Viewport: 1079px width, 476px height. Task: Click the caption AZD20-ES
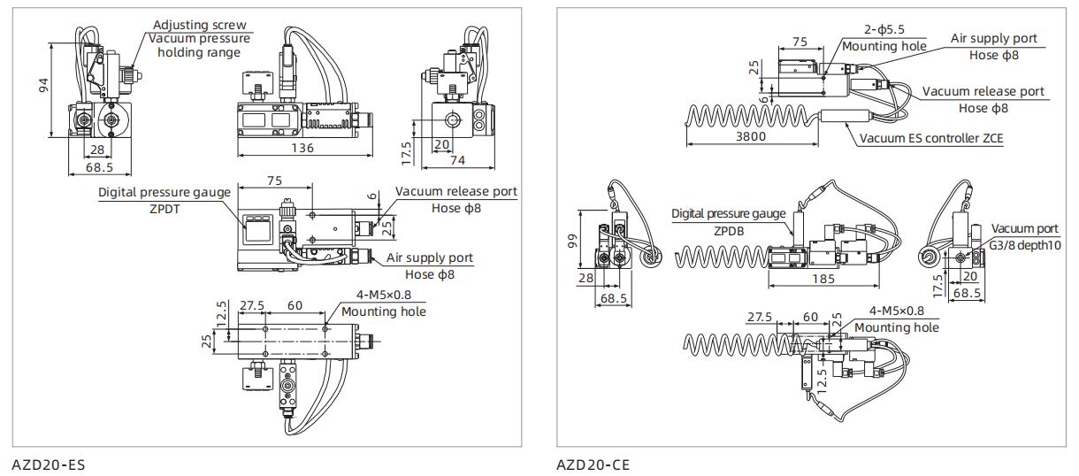pos(49,464)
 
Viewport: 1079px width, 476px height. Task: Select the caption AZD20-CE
pos(593,464)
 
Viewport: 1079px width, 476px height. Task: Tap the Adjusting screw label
pos(200,26)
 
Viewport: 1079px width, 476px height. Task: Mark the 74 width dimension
pos(457,160)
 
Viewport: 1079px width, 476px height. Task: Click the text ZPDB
pos(728,228)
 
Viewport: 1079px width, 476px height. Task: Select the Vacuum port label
pos(1024,229)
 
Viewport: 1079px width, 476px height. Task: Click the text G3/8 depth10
pos(1024,244)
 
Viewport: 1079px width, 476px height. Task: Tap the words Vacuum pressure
pos(199,38)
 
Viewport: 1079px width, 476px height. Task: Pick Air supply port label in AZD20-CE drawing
pos(993,39)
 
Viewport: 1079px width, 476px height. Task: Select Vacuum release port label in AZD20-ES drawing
pos(455,192)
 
